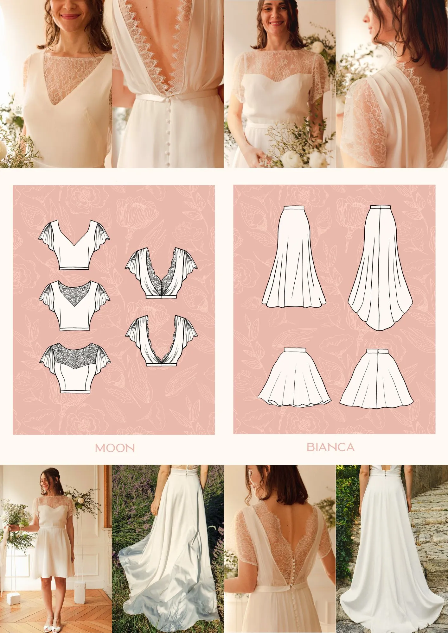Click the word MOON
coord(115,448)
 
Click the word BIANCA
coord(330,447)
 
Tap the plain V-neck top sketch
coord(74,245)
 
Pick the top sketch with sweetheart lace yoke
coord(75,367)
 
